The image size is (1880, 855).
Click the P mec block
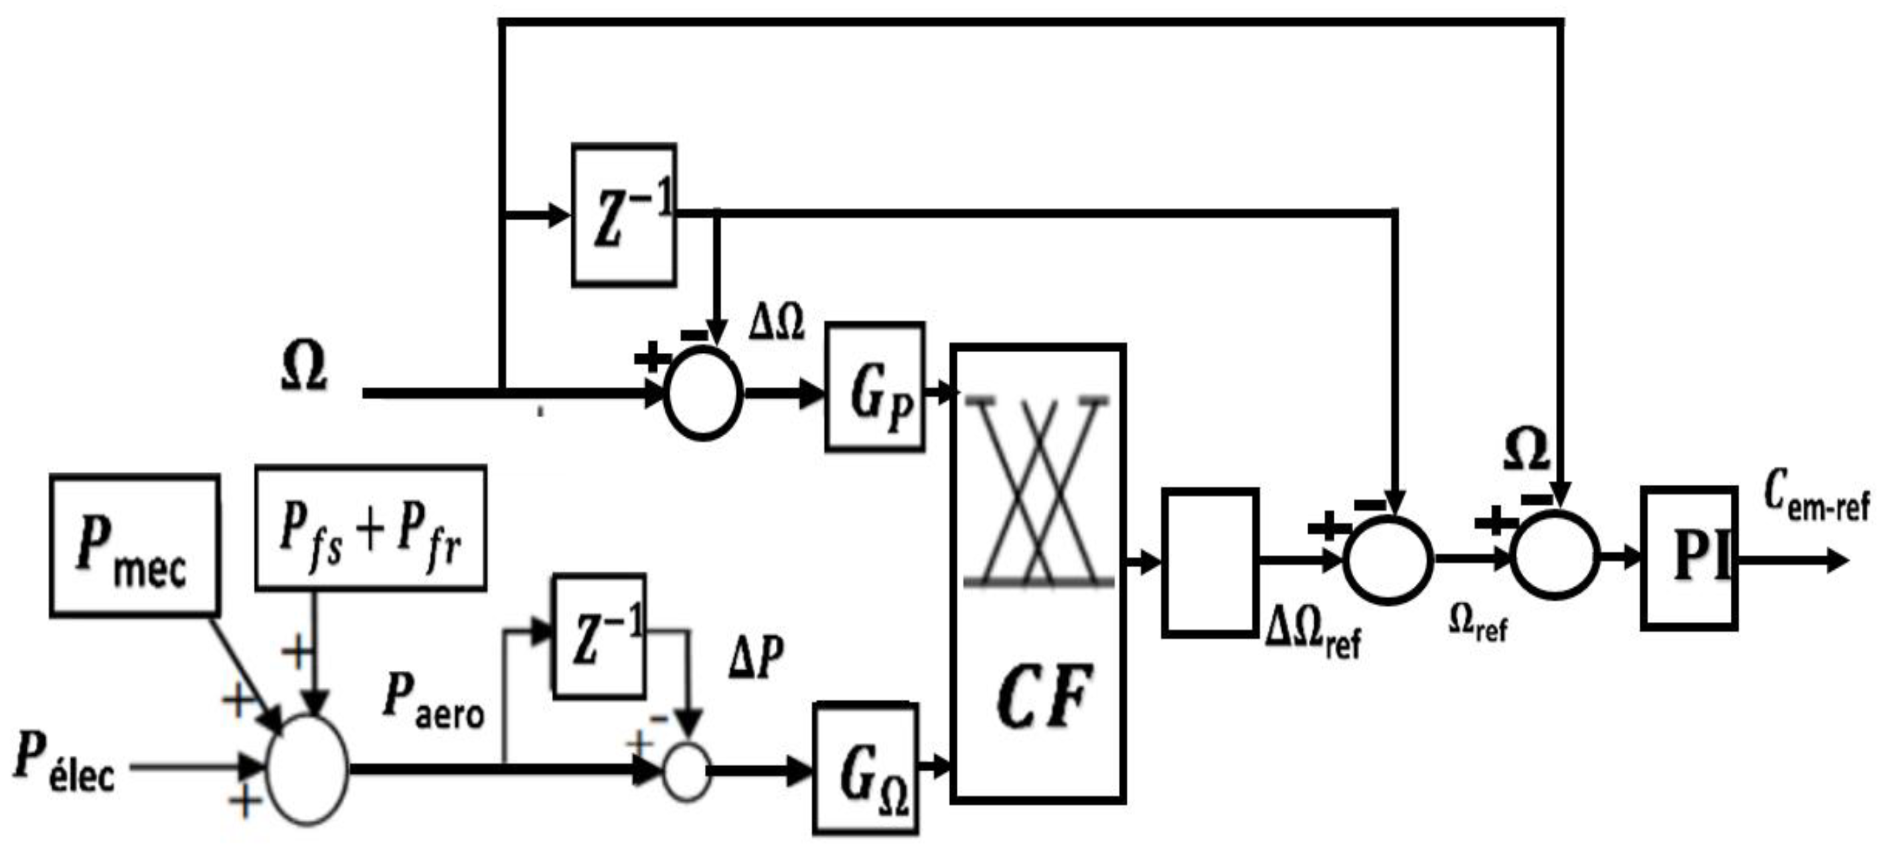pyautogui.click(x=135, y=546)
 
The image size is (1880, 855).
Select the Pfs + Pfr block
pyautogui.click(x=370, y=528)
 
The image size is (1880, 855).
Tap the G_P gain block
pyautogui.click(x=875, y=387)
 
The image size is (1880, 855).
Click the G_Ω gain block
pyautogui.click(x=866, y=769)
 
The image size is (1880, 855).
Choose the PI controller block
pyautogui.click(x=1689, y=558)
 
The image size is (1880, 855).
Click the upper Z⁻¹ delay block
pyautogui.click(x=624, y=215)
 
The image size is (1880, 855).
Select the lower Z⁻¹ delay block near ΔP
pyautogui.click(x=599, y=636)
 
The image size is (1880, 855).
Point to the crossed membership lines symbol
pyautogui.click(x=1038, y=491)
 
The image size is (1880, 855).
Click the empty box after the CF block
pyautogui.click(x=1210, y=563)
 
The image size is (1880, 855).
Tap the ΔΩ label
pyautogui.click(x=776, y=322)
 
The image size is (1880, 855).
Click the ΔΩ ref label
pyautogui.click(x=1312, y=632)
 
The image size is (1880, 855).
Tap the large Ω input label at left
pyautogui.click(x=303, y=368)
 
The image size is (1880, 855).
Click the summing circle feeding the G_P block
pyautogui.click(x=703, y=394)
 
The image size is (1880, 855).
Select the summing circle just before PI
pyautogui.click(x=1555, y=556)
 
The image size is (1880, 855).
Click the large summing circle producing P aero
pyautogui.click(x=307, y=769)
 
